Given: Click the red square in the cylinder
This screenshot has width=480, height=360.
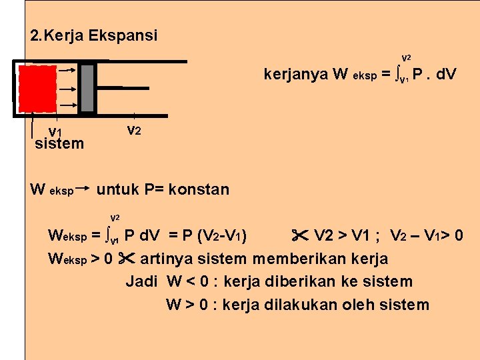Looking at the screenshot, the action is click(x=37, y=89).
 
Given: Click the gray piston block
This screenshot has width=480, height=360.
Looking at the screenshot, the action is click(x=87, y=87).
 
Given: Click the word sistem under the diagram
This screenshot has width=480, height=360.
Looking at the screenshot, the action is click(x=59, y=143).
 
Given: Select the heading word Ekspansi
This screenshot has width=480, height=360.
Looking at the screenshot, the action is click(x=124, y=35).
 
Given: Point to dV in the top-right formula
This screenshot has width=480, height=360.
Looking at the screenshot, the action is click(x=444, y=74).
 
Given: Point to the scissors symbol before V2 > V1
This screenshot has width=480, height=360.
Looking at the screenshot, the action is click(x=299, y=235).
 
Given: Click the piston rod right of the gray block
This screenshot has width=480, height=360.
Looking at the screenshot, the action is click(x=110, y=87).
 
